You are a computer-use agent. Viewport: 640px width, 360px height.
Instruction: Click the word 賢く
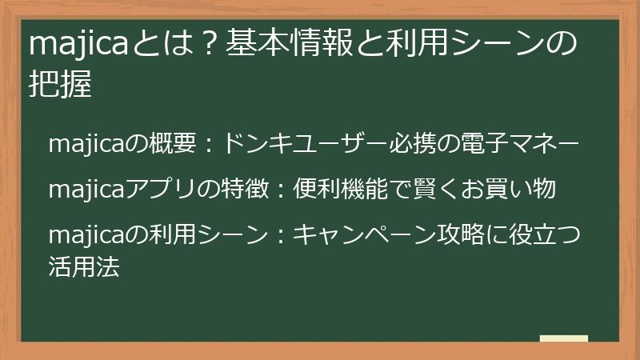point(426,190)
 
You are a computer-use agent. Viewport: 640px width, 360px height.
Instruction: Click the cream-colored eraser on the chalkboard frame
point(563,338)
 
